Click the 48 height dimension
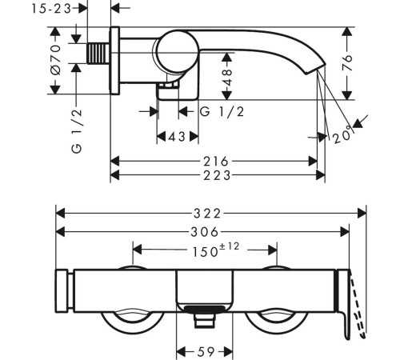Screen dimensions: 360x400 (227, 78)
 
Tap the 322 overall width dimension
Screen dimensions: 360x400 (209, 214)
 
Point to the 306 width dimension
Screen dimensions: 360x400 (203, 231)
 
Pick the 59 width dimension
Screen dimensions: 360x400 (204, 350)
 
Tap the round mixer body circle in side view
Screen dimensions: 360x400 (173, 53)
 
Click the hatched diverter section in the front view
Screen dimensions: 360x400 (204, 310)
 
